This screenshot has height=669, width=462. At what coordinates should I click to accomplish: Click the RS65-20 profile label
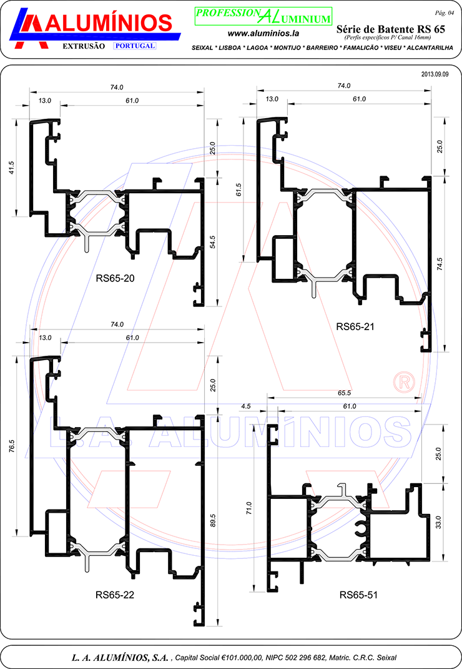[115, 279]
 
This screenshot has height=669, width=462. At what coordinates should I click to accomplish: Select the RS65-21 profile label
[355, 327]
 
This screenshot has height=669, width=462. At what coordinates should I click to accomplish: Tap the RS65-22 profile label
[115, 595]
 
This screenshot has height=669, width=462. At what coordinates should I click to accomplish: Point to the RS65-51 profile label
[358, 595]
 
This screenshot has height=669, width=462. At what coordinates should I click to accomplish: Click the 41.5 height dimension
[11, 168]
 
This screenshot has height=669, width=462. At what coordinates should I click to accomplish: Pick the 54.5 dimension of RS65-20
[213, 242]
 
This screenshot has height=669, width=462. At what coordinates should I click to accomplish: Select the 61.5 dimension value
[238, 190]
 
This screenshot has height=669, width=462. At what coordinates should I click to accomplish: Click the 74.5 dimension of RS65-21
[440, 264]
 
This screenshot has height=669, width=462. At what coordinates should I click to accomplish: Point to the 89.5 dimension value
[213, 521]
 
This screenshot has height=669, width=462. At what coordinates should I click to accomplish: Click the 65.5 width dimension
[344, 393]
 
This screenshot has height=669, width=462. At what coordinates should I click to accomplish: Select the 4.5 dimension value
[246, 406]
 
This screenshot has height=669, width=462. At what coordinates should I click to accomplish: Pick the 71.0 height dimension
[249, 508]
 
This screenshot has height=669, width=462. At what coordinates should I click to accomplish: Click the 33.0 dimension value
[438, 522]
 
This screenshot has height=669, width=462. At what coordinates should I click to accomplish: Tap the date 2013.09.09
[435, 74]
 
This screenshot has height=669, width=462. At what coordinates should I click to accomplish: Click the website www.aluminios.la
[263, 33]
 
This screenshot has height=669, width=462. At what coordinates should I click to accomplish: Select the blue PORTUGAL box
[135, 46]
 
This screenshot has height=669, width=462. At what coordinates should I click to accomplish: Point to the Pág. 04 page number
[444, 13]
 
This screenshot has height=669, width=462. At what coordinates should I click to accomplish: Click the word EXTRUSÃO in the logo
[84, 46]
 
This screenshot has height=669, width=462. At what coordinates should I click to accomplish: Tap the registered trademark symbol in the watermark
[404, 383]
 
